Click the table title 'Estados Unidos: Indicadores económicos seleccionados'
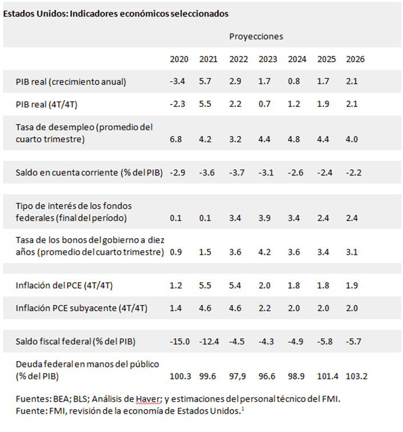pos(116,14)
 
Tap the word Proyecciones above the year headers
pos(256,37)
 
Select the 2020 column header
pos(179,59)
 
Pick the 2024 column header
pos(297,59)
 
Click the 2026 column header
pos(355,59)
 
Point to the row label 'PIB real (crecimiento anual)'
pos(71,82)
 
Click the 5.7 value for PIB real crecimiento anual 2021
pos(205,81)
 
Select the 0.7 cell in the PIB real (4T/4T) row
pos(264,104)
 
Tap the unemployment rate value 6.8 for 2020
pos(176,139)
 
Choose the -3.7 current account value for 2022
pos(237,173)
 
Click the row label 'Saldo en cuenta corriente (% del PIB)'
pos(89,173)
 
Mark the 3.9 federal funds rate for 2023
pos(264,218)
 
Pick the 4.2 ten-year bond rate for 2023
pos(264,252)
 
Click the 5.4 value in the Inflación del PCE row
pos(235,285)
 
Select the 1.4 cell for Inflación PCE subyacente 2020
pos(176,308)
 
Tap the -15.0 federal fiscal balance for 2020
pos(180,342)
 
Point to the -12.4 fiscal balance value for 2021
pos(209,342)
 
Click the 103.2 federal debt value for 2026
pos(357,376)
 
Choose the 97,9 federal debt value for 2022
pos(237,377)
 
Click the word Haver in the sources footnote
pos(147,399)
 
